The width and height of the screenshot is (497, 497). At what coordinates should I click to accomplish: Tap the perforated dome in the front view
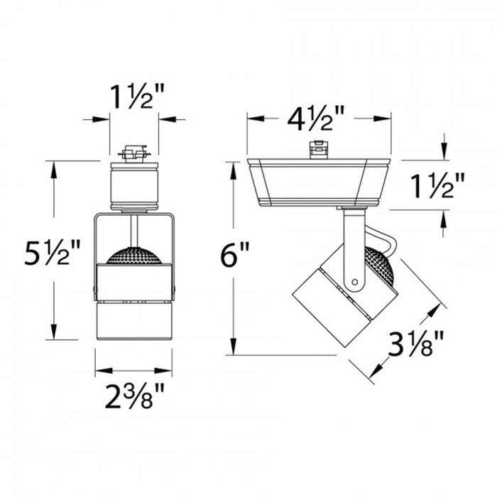[x=133, y=254]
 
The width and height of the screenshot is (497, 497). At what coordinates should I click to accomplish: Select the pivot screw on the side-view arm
[x=353, y=283]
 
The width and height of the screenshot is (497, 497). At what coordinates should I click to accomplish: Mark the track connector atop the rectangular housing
[x=318, y=150]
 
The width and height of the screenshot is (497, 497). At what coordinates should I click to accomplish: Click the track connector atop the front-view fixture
[x=133, y=153]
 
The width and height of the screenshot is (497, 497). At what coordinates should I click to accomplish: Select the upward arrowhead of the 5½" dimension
[x=53, y=166]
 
